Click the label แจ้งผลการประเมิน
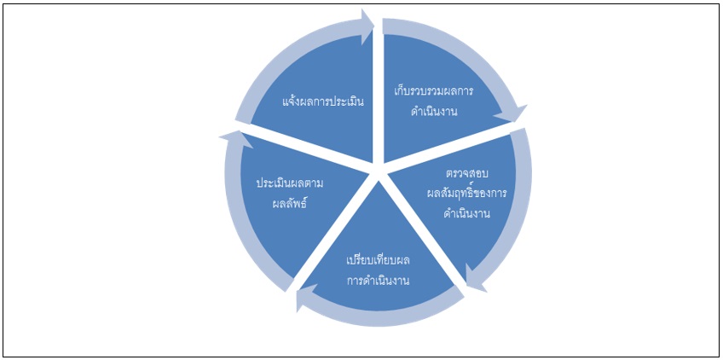pos(323,101)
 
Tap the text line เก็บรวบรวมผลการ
pos(433,90)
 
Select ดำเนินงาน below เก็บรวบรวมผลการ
pos(434,111)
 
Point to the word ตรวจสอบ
pos(466,175)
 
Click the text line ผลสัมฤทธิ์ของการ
pos(466,193)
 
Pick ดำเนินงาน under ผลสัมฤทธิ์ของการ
pos(466,214)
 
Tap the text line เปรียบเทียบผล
pos(378,261)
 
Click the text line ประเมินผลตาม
pos(290,183)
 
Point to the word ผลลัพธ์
pos(290,203)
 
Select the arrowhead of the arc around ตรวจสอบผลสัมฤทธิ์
pos(475,278)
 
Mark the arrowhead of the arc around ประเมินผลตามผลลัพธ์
pos(235,139)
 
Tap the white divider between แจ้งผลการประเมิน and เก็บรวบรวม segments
pos(379,92)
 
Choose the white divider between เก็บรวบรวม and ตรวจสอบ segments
pos(454,147)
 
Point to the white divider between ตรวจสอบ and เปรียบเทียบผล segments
pos(422,231)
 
